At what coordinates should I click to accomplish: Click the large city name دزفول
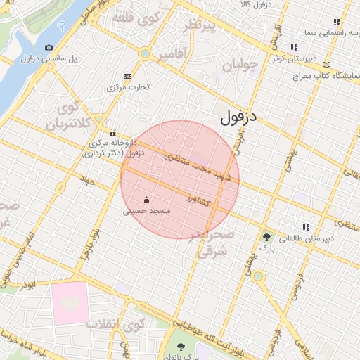[x=240, y=117]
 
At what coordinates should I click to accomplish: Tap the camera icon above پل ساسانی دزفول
[x=49, y=48]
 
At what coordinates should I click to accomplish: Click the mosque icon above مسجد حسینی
[x=146, y=200]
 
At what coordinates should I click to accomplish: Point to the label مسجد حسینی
[x=146, y=210]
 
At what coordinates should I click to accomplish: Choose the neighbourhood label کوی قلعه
[x=137, y=20]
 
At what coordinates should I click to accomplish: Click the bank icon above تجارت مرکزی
[x=127, y=77]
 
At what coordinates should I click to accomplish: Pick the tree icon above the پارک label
[x=266, y=237]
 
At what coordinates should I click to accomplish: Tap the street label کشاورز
[x=200, y=200]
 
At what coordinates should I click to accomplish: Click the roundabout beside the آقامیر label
[x=145, y=53]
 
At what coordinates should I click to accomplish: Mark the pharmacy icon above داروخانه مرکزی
[x=112, y=134]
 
